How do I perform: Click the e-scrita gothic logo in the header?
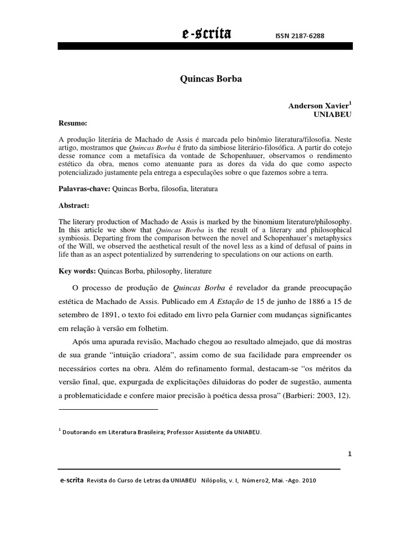click(x=206, y=35)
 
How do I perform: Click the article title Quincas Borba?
click(x=205, y=79)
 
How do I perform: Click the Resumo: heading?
click(x=73, y=123)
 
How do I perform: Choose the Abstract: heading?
click(x=74, y=205)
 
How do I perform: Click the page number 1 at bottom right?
click(x=349, y=454)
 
